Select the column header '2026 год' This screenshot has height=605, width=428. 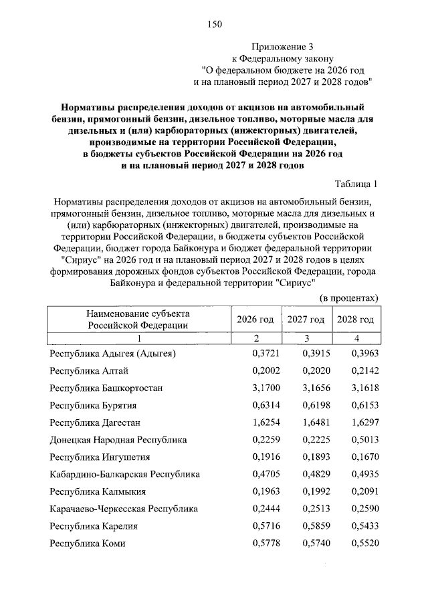255,320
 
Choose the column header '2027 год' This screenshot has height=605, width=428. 306,320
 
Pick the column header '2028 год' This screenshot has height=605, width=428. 356,320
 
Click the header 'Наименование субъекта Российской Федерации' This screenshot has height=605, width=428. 138,320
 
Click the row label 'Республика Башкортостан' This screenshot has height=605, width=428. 106,388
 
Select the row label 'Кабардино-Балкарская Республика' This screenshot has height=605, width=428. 125,475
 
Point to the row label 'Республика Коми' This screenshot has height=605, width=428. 88,544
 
